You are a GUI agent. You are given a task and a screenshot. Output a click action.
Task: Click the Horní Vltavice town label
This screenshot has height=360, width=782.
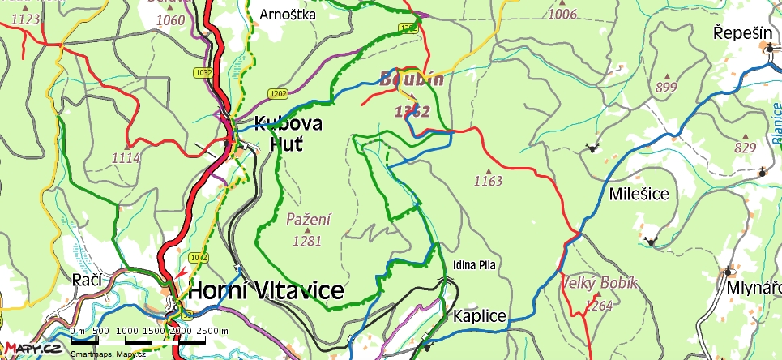click(x=267, y=291)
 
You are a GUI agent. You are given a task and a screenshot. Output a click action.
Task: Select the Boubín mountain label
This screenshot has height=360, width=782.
click(x=412, y=79)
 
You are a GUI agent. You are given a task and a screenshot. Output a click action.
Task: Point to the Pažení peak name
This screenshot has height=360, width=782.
click(x=309, y=218)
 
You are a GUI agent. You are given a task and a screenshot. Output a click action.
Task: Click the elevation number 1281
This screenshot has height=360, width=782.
click(x=308, y=240)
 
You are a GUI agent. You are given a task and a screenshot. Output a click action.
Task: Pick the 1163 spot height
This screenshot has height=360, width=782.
click(x=489, y=180)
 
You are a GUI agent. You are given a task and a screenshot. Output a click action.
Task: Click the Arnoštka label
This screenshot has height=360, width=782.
click(x=288, y=14)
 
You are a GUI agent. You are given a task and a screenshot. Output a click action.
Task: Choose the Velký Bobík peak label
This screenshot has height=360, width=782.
click(x=600, y=283)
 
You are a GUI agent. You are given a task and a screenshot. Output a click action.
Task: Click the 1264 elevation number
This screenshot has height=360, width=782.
click(x=597, y=306)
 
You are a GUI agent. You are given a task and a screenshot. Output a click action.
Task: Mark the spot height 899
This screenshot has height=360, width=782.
click(x=666, y=87)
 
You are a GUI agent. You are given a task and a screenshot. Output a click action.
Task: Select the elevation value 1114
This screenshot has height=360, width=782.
click(x=126, y=157)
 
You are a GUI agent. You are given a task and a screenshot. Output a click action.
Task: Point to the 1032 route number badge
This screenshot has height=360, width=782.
click(x=203, y=73)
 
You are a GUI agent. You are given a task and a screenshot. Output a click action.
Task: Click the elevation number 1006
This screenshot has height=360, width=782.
click(x=562, y=14)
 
